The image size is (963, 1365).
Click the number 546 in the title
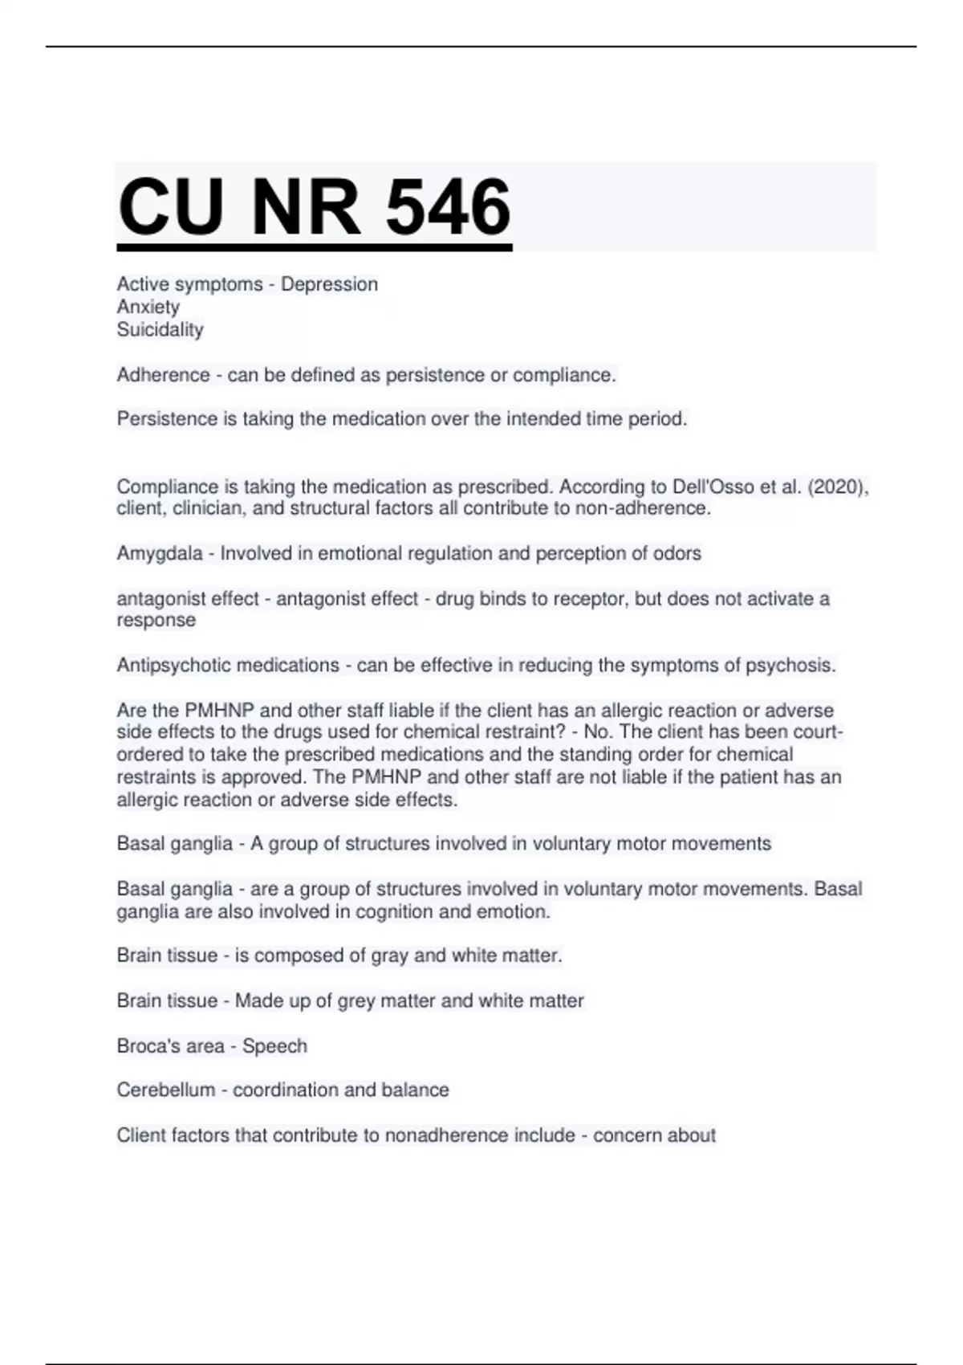(448, 207)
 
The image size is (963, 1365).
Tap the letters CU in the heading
(170, 207)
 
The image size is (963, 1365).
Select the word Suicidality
(160, 329)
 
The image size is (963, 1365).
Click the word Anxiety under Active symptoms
(148, 307)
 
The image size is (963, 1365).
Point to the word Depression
(329, 284)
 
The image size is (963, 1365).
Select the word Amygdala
(160, 553)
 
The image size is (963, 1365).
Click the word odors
(678, 553)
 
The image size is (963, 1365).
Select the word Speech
(274, 1045)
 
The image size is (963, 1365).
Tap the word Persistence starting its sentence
(166, 418)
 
